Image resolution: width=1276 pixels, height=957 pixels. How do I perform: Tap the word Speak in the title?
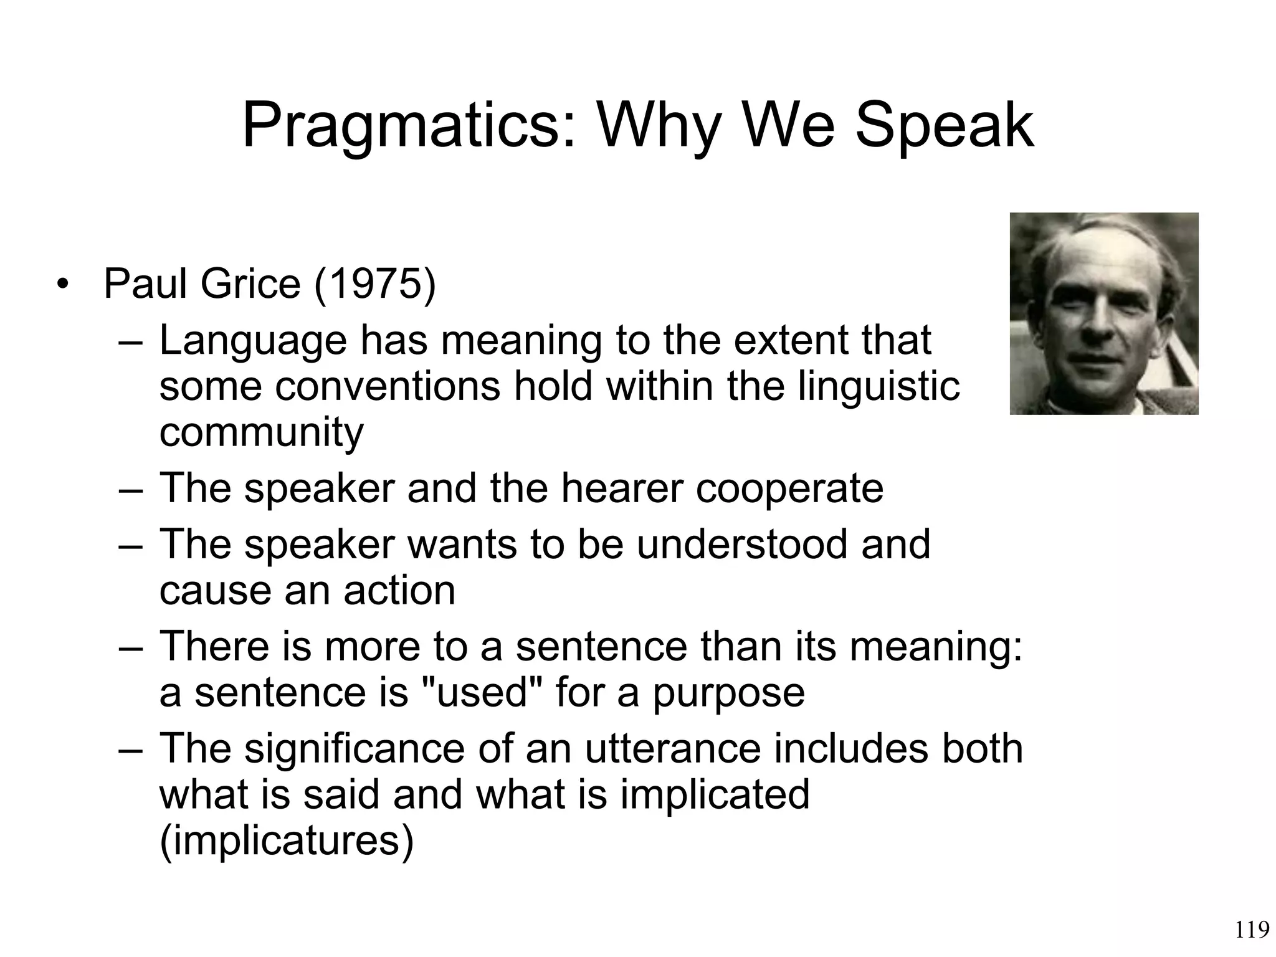click(944, 126)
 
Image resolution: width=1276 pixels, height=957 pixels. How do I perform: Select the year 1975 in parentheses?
click(374, 284)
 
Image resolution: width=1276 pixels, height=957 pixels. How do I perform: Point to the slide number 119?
click(1252, 930)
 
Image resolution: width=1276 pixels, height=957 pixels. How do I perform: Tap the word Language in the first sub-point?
click(252, 341)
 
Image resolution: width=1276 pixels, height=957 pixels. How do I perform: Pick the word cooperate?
click(789, 488)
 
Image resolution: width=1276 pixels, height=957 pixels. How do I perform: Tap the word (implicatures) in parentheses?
click(287, 840)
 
